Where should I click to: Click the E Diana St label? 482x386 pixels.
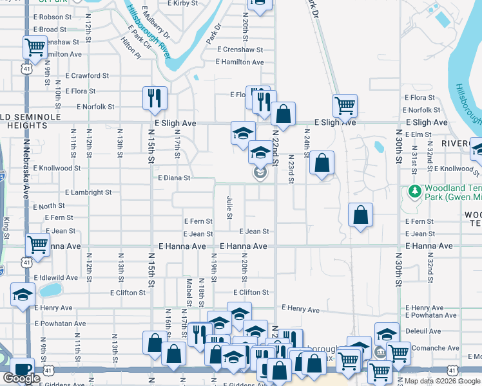coord(174,178)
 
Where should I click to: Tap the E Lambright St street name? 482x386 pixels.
coord(88,192)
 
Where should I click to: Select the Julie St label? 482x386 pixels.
coord(229,207)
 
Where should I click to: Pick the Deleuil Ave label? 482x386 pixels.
coord(423,331)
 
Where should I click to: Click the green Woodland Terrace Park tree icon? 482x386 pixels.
coord(414,191)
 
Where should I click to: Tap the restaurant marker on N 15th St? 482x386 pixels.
coord(155,98)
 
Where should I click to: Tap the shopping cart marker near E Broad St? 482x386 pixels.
coord(35,46)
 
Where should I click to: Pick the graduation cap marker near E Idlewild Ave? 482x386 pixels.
coord(23,294)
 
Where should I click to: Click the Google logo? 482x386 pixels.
coord(22,378)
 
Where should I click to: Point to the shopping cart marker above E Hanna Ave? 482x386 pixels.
coord(38,244)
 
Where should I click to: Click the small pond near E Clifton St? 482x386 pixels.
coord(50,290)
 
